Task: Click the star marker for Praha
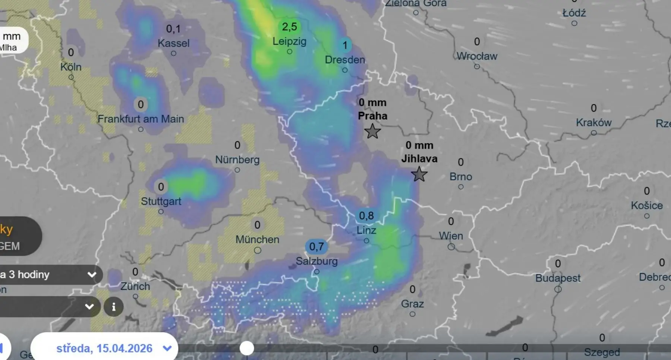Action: pyautogui.click(x=372, y=132)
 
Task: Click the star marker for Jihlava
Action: pyautogui.click(x=419, y=174)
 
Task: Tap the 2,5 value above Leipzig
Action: pyautogui.click(x=289, y=27)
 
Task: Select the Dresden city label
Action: pyautogui.click(x=345, y=60)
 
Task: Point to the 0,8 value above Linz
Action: pyautogui.click(x=366, y=216)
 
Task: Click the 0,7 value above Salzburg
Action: pyautogui.click(x=316, y=246)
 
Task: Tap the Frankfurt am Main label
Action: pyautogui.click(x=141, y=119)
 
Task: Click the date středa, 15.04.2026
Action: pyautogui.click(x=104, y=348)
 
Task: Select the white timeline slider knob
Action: pyautogui.click(x=246, y=348)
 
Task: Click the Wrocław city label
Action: pyautogui.click(x=477, y=56)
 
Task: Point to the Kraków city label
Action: pyautogui.click(x=593, y=123)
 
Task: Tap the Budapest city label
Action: pyautogui.click(x=558, y=278)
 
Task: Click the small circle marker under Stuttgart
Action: pyautogui.click(x=161, y=212)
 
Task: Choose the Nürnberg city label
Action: pyautogui.click(x=237, y=160)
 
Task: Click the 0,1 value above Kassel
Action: pyautogui.click(x=173, y=29)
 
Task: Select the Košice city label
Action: pyautogui.click(x=647, y=206)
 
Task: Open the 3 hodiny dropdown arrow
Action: pyautogui.click(x=92, y=275)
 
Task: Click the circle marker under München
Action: pyautogui.click(x=258, y=250)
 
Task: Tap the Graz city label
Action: pyautogui.click(x=412, y=304)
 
